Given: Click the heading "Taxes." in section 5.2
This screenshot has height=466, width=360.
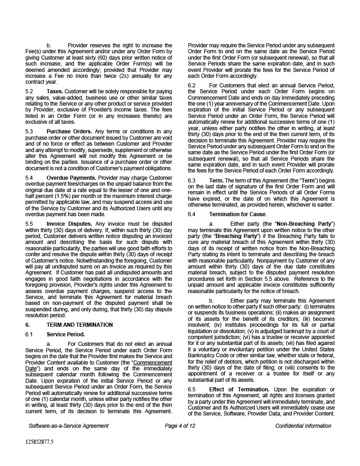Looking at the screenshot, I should (56, 91).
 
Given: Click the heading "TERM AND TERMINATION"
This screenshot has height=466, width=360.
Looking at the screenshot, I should (80, 325).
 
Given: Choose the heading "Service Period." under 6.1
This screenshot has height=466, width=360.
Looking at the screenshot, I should (66, 334).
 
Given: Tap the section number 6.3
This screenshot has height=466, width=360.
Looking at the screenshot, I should (192, 180).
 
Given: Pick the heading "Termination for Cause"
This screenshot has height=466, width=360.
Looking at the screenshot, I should (238, 214).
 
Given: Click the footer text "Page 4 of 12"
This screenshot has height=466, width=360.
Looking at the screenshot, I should (180, 426).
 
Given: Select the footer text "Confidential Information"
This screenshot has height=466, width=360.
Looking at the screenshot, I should (303, 426).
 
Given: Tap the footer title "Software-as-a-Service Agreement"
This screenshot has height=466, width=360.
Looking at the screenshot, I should (68, 426).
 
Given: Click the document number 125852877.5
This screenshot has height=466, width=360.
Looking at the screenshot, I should (39, 441).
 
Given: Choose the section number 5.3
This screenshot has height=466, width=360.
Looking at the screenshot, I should (30, 132).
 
